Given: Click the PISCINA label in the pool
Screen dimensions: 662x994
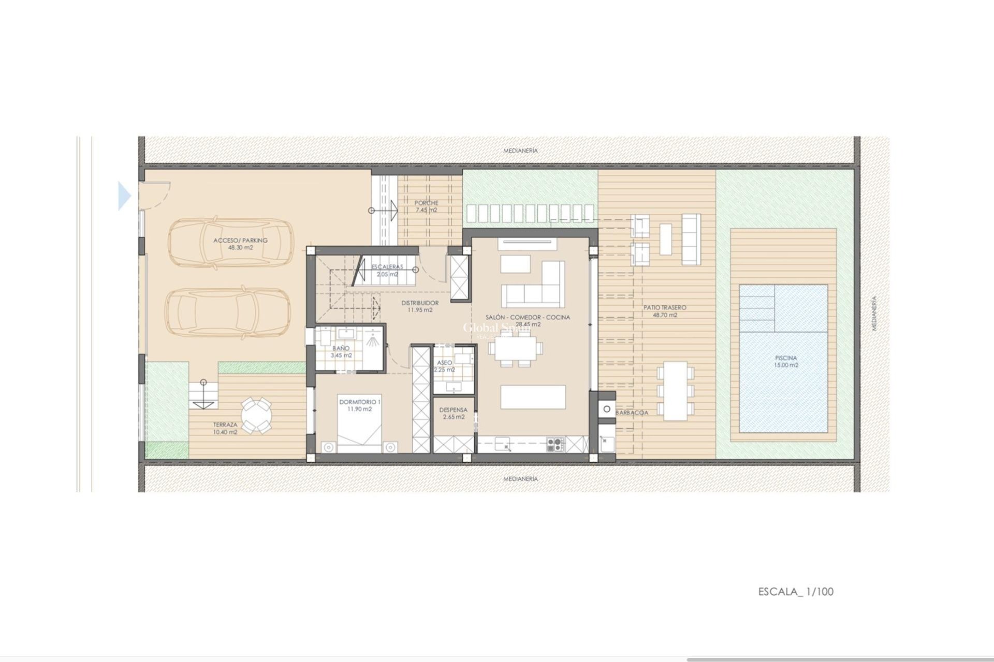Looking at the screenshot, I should coord(786,358).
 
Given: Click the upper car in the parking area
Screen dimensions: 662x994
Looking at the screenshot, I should coord(229,243).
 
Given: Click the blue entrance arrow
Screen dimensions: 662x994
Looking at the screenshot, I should coord(125,196).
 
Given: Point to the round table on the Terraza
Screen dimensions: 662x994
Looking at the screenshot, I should coord(256,414).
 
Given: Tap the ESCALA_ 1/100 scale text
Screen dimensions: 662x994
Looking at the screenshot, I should coord(796,592).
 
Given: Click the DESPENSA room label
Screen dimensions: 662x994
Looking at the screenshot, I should coord(453,410).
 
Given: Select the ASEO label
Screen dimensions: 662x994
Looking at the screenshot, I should coord(444,363).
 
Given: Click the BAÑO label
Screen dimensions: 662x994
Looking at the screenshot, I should coord(341,349).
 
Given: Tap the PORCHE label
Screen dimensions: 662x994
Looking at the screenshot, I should coord(426,203).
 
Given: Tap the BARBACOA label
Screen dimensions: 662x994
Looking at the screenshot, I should coord(632,413).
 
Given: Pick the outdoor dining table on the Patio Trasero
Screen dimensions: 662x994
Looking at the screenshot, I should coord(675,390).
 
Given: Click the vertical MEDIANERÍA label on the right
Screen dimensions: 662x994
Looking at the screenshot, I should coord(874,313).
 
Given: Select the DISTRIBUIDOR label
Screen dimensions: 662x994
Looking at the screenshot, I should coord(420,303).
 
